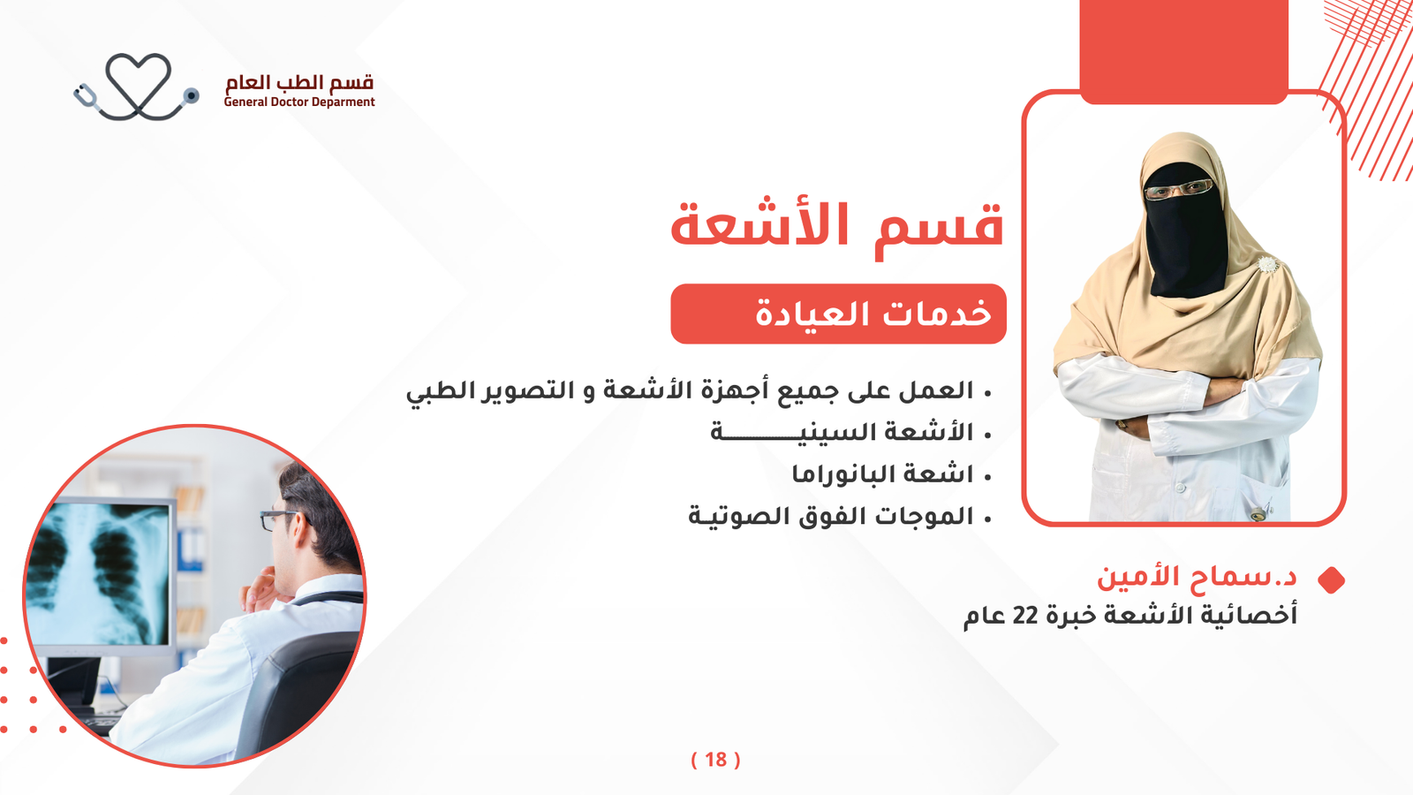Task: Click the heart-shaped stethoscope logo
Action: click(x=137, y=87)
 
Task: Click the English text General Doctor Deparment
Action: click(x=299, y=102)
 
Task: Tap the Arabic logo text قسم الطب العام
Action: click(x=299, y=82)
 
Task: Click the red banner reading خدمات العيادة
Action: click(x=838, y=314)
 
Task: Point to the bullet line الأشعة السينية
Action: click(x=842, y=432)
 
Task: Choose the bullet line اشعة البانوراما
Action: click(x=882, y=473)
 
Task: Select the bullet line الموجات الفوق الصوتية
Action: click(x=830, y=516)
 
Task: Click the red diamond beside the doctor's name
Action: click(x=1331, y=580)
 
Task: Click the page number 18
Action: click(x=716, y=760)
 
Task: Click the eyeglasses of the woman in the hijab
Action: click(x=1178, y=189)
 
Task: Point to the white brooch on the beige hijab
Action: click(x=1267, y=265)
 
